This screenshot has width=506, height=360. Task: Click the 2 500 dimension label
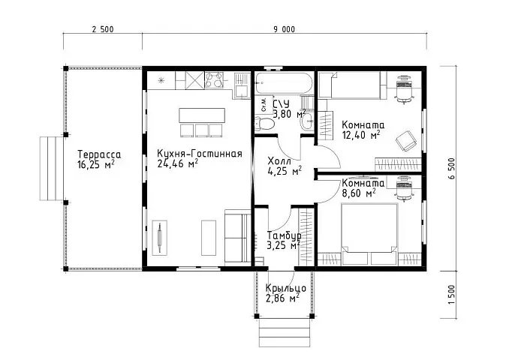(103, 30)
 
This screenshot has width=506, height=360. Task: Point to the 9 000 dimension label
(285, 30)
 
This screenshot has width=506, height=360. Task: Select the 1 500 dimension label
(452, 294)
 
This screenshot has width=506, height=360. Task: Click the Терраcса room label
(99, 154)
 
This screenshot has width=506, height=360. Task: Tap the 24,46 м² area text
(177, 163)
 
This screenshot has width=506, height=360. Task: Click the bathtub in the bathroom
(284, 83)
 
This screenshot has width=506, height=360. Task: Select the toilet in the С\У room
(264, 123)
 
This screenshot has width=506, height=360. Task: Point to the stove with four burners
(214, 80)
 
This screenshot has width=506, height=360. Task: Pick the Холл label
(279, 161)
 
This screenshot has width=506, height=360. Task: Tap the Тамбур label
(285, 235)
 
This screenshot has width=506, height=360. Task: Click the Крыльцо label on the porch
(286, 288)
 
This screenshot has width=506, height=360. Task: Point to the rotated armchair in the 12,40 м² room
(405, 141)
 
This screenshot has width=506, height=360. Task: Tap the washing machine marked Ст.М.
(264, 105)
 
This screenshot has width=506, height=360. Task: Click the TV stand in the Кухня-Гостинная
(160, 238)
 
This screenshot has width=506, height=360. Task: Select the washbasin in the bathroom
(307, 121)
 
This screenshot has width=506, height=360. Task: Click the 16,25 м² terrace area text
(96, 164)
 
